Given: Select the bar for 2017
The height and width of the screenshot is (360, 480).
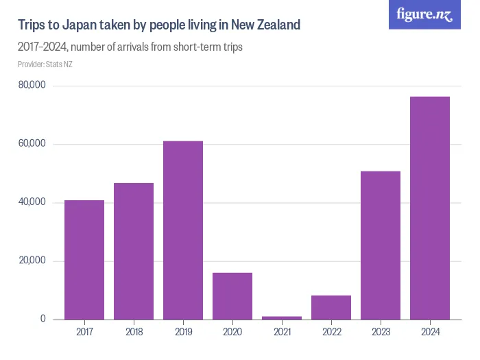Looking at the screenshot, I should click(x=84, y=260).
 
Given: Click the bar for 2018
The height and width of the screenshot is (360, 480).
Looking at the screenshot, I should click(x=134, y=251).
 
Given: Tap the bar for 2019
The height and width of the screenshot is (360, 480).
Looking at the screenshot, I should click(x=183, y=230).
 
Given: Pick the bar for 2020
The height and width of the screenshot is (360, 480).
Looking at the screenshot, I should click(x=232, y=296).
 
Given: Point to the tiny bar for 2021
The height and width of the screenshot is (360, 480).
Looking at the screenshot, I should click(x=282, y=317).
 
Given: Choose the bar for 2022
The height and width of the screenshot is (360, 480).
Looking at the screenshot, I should click(x=331, y=307).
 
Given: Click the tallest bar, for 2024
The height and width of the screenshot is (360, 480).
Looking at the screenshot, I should click(x=430, y=208).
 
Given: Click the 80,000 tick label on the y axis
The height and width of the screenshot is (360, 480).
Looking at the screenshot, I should click(x=32, y=86).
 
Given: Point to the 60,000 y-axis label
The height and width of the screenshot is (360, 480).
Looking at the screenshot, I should click(x=32, y=144).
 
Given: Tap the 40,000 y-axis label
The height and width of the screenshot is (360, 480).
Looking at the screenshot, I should click(x=32, y=202).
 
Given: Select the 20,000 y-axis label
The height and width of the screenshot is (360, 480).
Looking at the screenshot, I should click(x=32, y=261).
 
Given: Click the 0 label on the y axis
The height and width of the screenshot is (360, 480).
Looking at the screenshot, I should click(x=43, y=319).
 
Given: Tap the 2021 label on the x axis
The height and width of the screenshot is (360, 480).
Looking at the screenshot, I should click(x=282, y=333).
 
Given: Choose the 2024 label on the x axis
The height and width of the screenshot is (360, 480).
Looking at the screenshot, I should click(x=430, y=333).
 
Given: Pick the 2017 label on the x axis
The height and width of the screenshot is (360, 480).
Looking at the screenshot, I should click(x=84, y=333).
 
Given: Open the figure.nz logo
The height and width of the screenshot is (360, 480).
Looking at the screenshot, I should click(x=424, y=14).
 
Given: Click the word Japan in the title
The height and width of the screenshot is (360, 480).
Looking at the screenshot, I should click(x=80, y=25).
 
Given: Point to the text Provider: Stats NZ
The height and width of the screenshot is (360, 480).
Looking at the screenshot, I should click(x=45, y=64).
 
